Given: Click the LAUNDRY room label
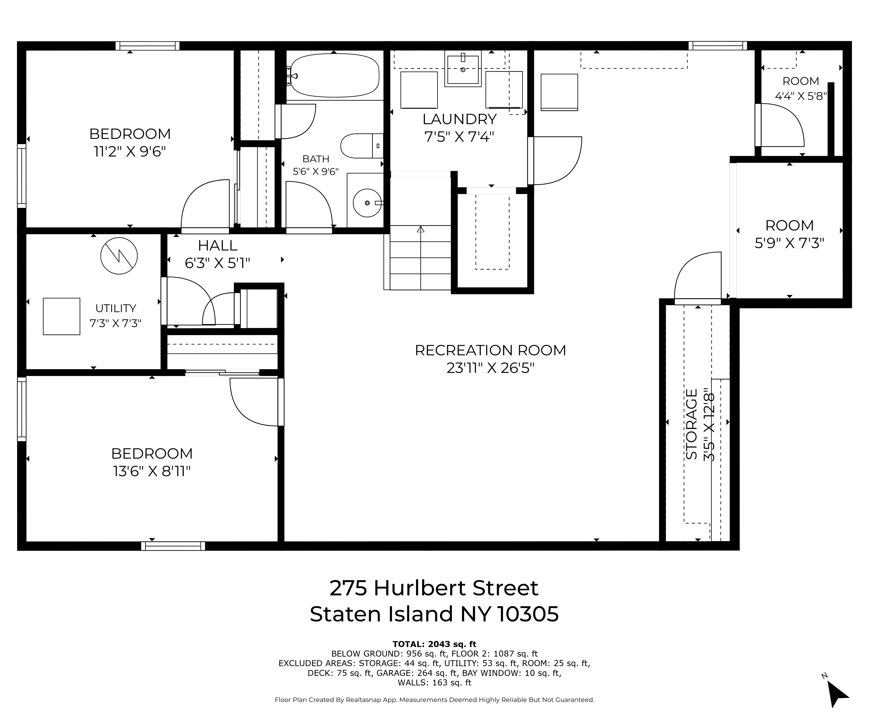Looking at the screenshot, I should (459, 119).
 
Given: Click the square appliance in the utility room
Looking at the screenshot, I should (62, 316).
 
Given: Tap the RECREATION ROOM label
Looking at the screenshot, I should (490, 350).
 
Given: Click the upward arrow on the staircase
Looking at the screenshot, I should (421, 229).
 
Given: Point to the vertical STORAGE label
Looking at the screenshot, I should (692, 424).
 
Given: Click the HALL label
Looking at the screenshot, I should (218, 245).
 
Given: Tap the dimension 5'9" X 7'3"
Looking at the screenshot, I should (789, 243).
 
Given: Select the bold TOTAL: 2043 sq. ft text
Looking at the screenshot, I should (434, 644).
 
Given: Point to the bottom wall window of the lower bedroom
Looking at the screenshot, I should (173, 546).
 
